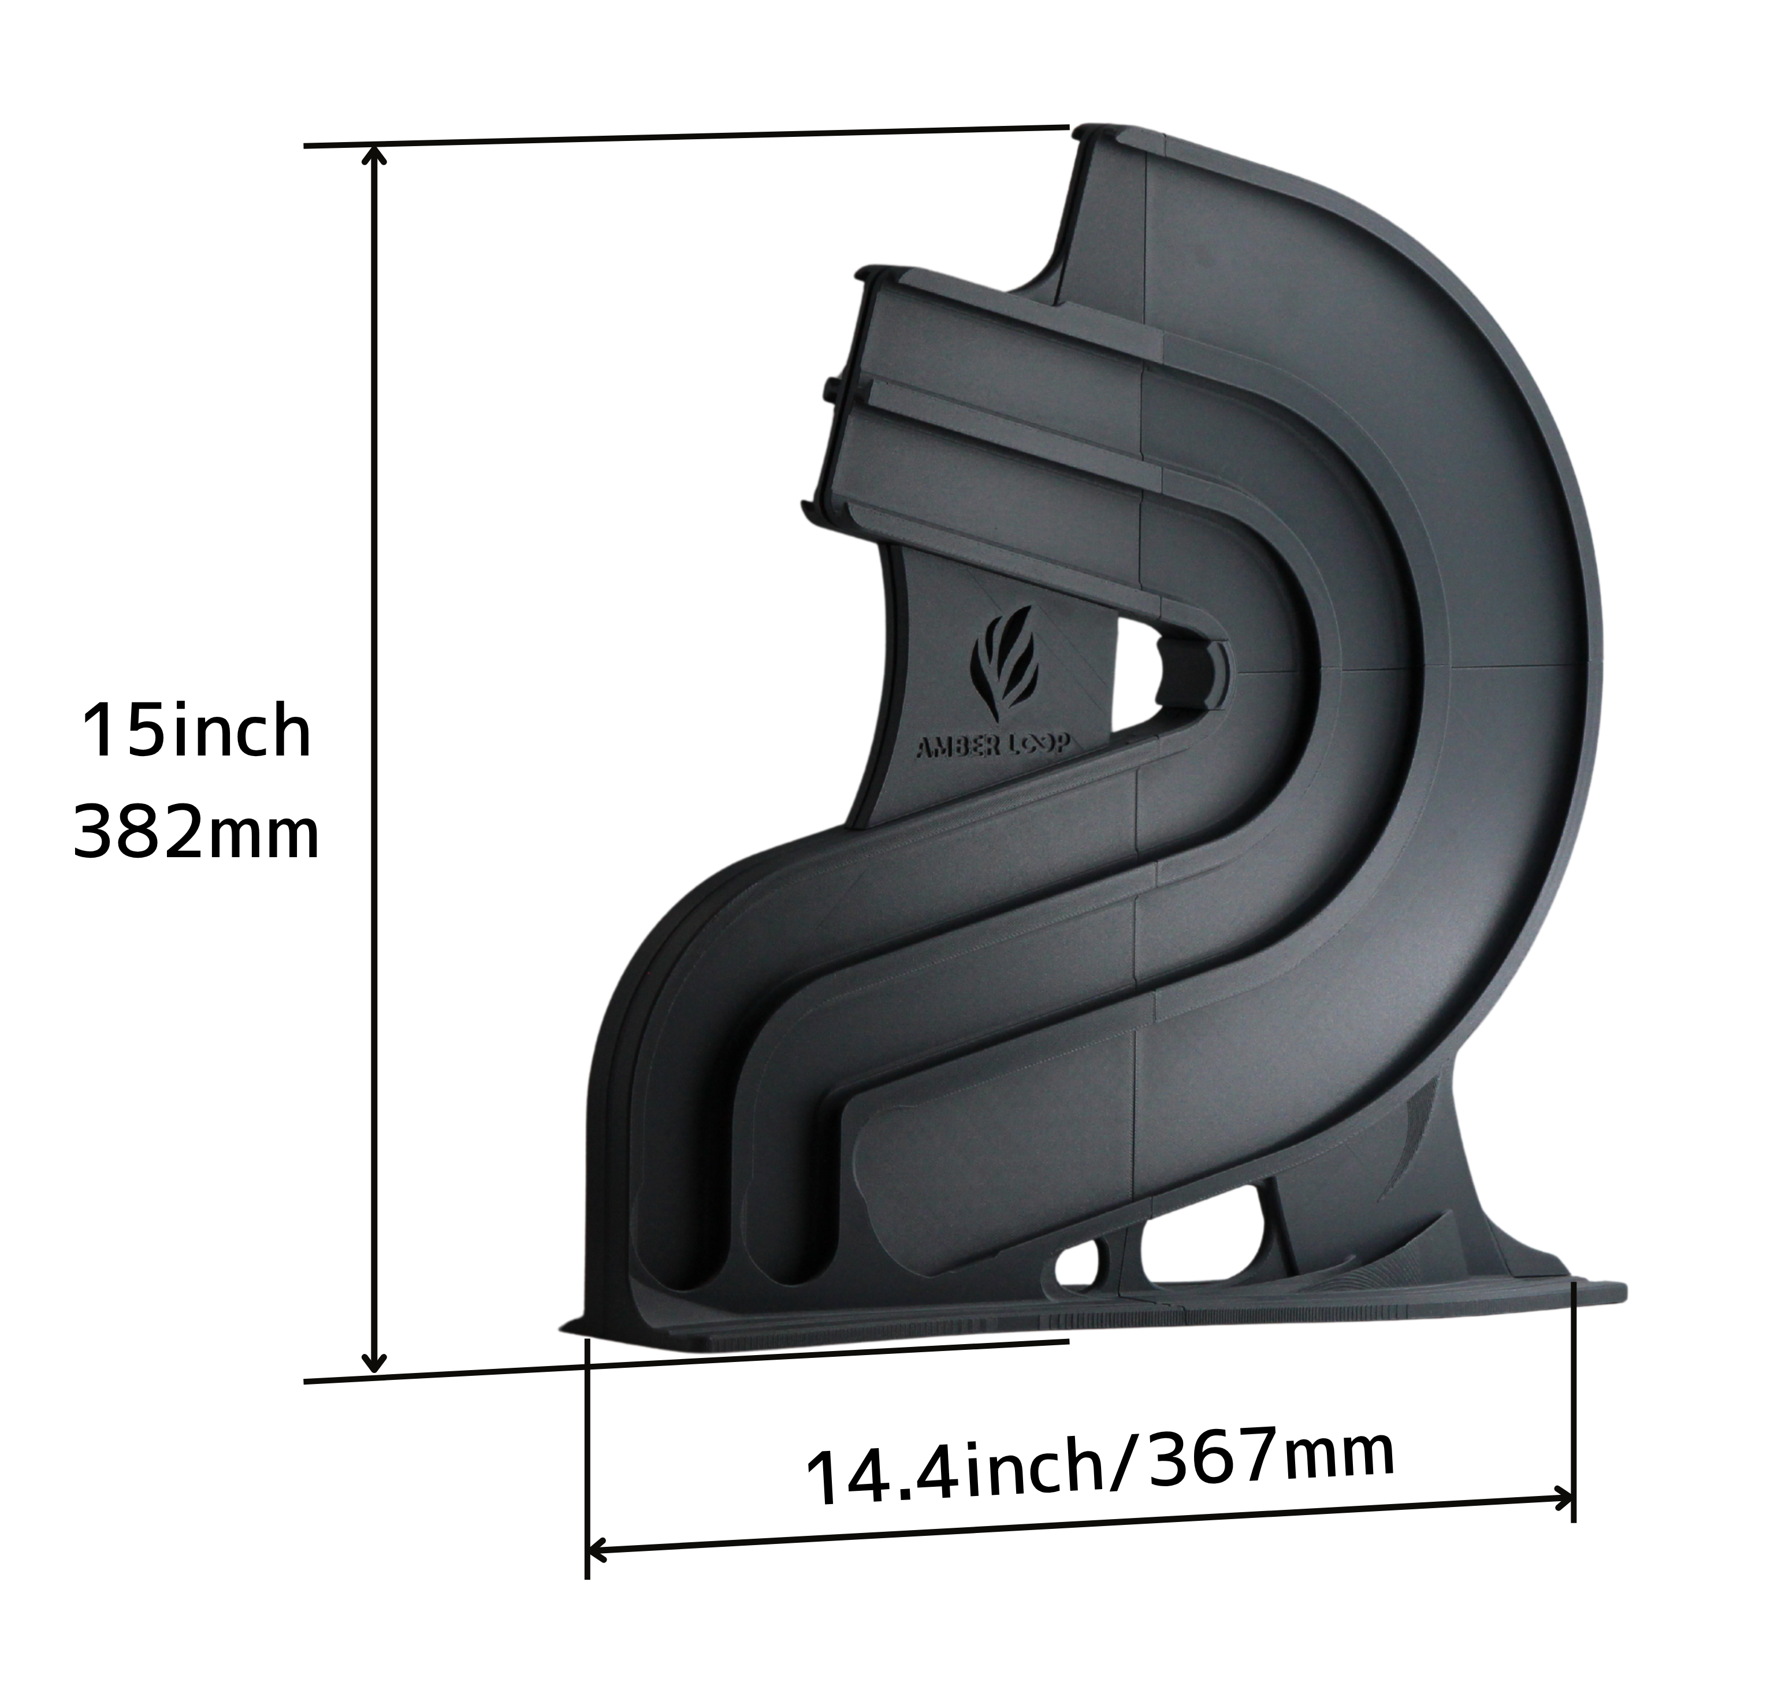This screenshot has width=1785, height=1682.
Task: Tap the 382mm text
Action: [x=196, y=832]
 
